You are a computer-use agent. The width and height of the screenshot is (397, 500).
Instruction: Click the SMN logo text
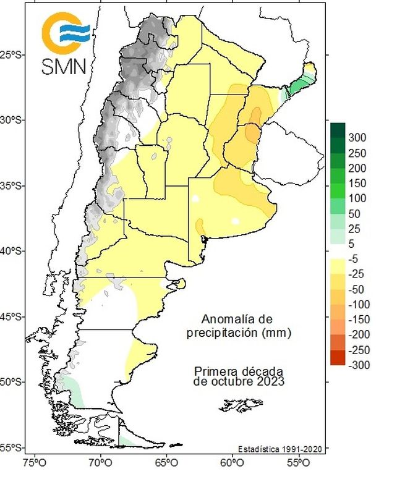[x=65, y=66]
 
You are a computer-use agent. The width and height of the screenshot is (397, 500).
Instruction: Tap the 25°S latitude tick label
[x=12, y=55]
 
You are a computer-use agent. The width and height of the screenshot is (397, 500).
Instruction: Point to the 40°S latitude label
[x=12, y=251]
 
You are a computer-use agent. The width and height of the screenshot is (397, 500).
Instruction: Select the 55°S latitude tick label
[x=12, y=447]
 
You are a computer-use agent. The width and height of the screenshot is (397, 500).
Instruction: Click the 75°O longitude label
[x=33, y=462]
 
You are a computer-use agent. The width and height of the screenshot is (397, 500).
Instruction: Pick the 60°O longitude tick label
[x=231, y=462]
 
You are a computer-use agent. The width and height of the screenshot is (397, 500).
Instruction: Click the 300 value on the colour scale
[x=358, y=137]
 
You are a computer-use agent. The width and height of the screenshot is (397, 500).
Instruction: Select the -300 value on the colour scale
[x=359, y=365]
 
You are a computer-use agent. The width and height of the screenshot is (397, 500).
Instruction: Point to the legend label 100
[x=358, y=198]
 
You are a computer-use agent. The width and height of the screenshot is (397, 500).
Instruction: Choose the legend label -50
[x=359, y=289]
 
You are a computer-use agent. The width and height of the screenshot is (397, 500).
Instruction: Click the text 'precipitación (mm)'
[x=239, y=333]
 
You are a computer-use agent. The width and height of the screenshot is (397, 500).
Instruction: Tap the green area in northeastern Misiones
[x=301, y=81]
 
